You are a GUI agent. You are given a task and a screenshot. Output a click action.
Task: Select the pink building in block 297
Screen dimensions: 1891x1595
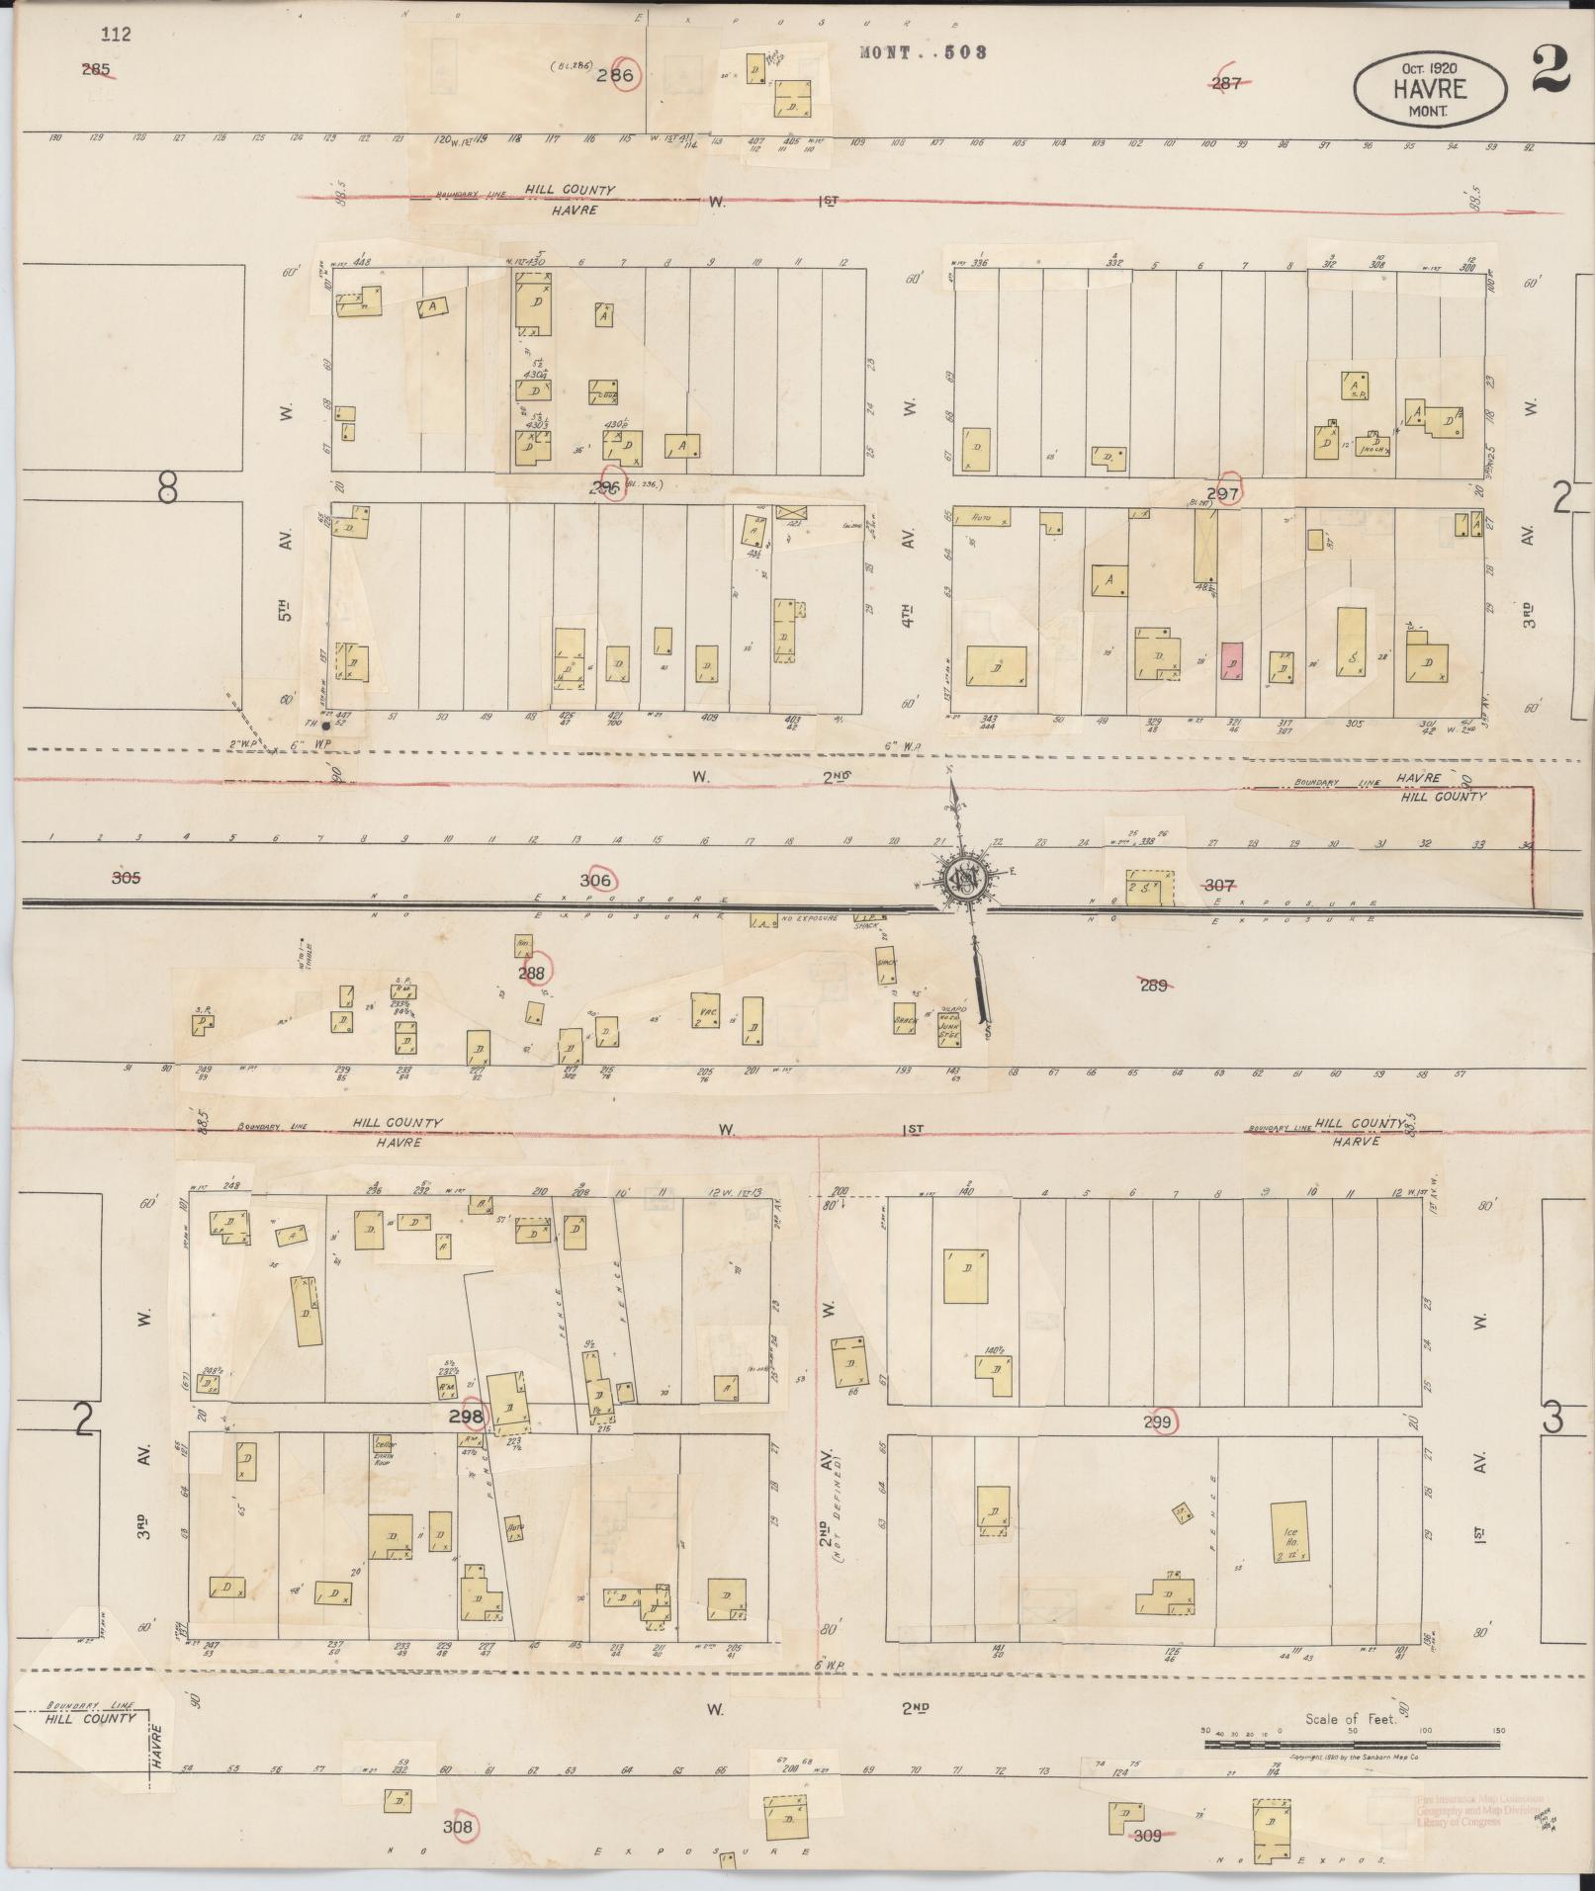point(1232,661)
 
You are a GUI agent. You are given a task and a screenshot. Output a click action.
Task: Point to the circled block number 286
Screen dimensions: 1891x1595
point(625,75)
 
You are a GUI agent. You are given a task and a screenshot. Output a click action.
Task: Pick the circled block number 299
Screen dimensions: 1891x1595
point(1157,1422)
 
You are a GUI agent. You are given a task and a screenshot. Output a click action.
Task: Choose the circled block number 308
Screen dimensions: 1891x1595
point(459,1827)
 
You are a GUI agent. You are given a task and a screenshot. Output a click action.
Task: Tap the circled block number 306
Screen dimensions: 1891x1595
point(596,880)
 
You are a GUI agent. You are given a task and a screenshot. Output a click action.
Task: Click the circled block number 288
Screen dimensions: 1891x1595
point(533,973)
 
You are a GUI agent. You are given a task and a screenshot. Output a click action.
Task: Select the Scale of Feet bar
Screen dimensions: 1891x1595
point(1351,1745)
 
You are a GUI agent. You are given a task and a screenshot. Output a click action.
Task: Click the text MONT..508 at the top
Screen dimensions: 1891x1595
point(924,52)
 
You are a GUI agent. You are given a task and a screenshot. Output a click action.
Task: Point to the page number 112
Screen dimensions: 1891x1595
point(116,35)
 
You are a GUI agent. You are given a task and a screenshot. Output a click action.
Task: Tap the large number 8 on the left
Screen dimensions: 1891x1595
point(167,487)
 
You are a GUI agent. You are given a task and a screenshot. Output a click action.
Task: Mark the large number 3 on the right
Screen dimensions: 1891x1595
point(1552,1419)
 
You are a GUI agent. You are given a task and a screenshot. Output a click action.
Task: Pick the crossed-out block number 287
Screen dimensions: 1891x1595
point(1226,84)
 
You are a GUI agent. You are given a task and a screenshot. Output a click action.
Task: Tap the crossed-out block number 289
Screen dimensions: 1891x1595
point(1154,985)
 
